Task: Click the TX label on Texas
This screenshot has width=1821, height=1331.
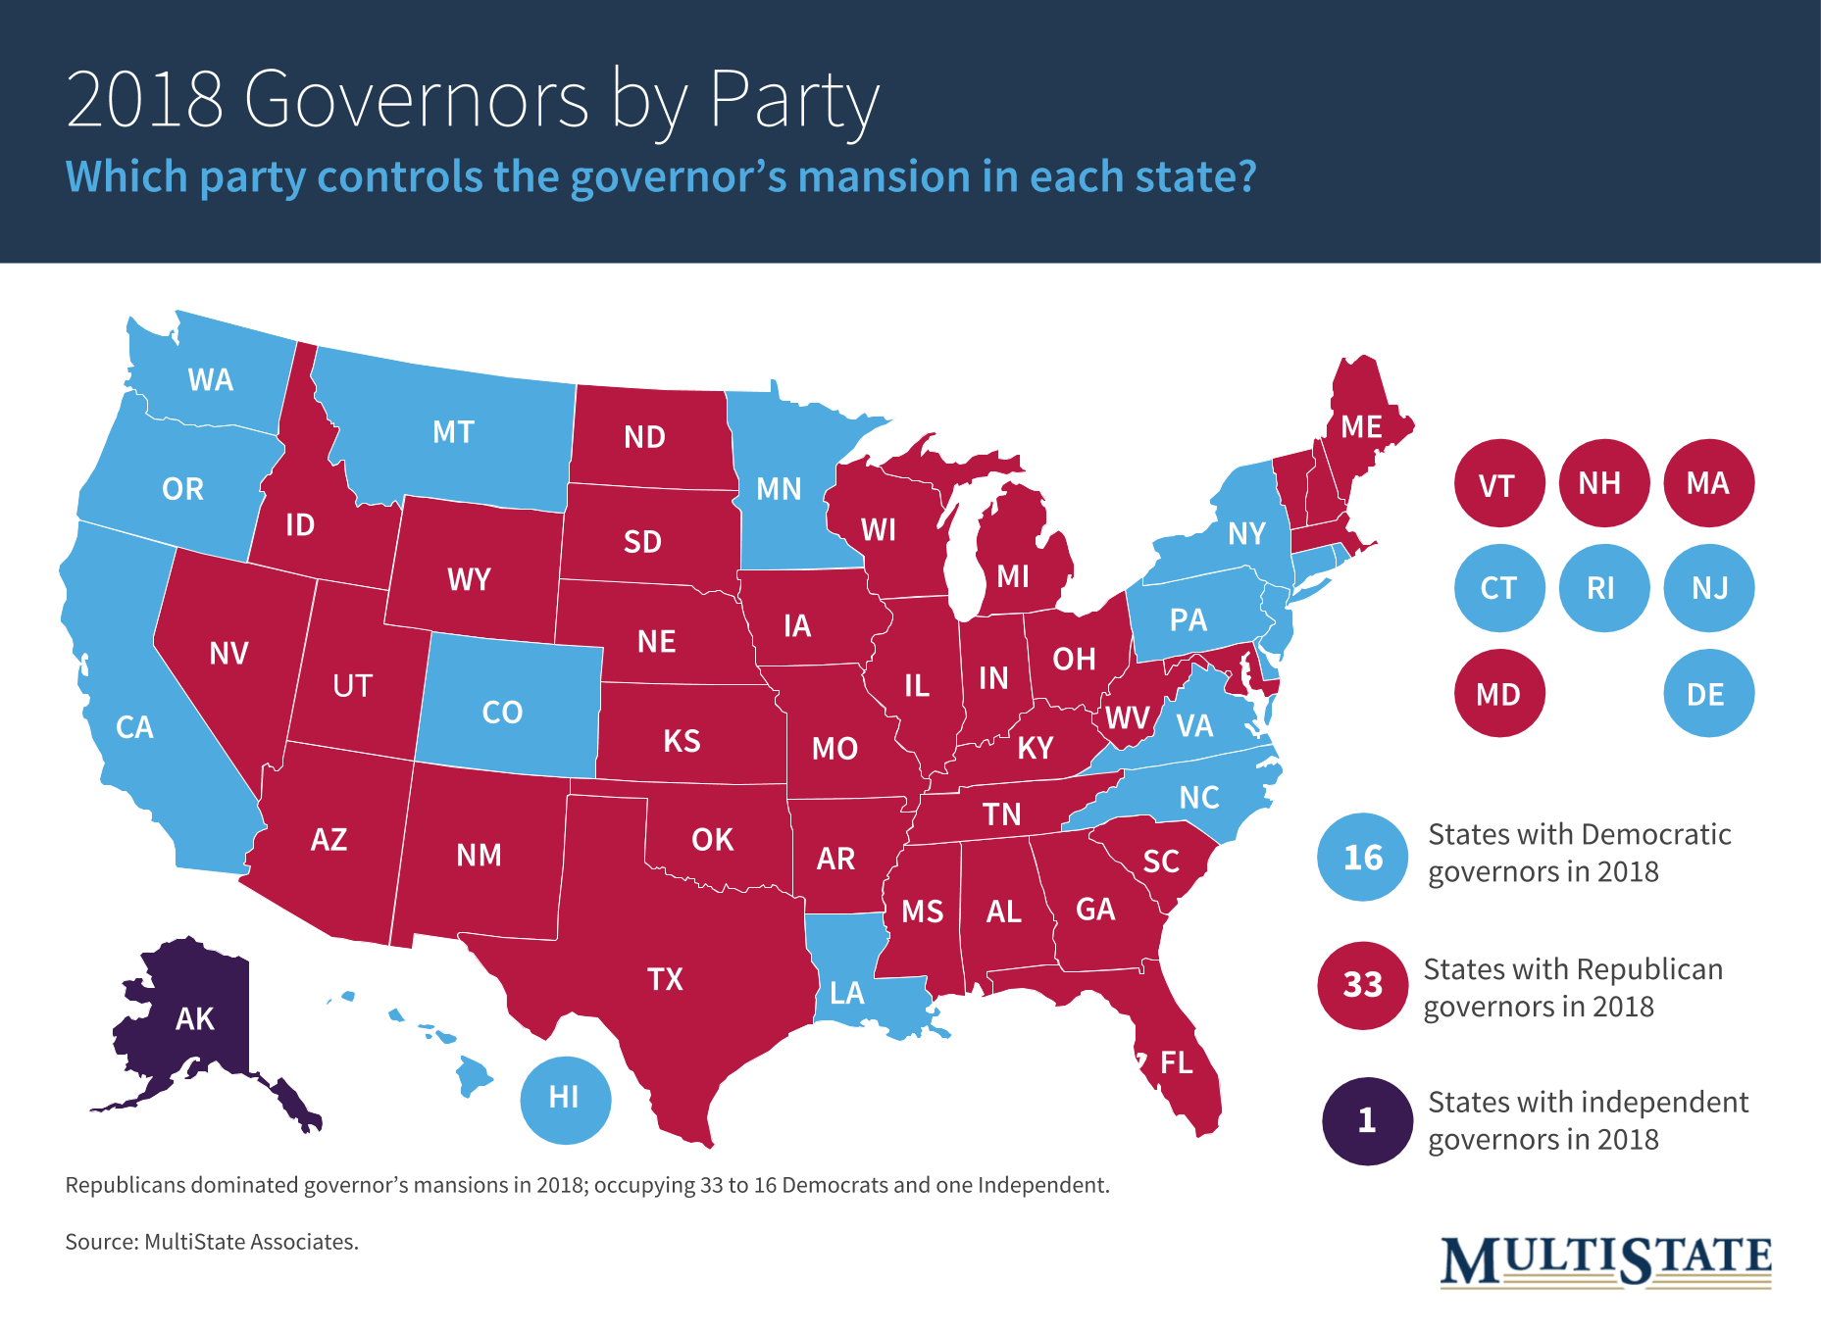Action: (x=665, y=979)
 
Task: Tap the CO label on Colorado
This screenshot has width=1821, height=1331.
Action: (x=502, y=713)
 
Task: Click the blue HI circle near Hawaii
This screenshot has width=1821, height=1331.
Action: (x=565, y=1099)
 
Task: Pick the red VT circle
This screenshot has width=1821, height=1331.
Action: (x=1497, y=484)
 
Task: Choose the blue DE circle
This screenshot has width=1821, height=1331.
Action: (x=1707, y=694)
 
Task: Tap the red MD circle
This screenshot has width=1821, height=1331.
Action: (x=1498, y=694)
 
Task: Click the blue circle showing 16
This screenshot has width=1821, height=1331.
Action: (x=1362, y=858)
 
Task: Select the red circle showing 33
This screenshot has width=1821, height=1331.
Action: (x=1362, y=985)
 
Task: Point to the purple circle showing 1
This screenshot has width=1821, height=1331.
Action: (x=1366, y=1120)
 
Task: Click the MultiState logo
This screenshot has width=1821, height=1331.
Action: (x=1605, y=1260)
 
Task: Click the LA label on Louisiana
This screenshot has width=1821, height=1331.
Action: (x=846, y=994)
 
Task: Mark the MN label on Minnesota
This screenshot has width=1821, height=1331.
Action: (x=779, y=489)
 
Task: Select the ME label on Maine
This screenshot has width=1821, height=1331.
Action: (x=1361, y=427)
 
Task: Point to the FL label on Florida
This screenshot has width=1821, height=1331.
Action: (x=1176, y=1062)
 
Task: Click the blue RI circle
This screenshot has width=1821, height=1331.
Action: (x=1601, y=588)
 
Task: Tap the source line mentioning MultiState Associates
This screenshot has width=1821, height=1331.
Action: (x=212, y=1242)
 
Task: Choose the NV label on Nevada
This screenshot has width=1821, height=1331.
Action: (x=228, y=654)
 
